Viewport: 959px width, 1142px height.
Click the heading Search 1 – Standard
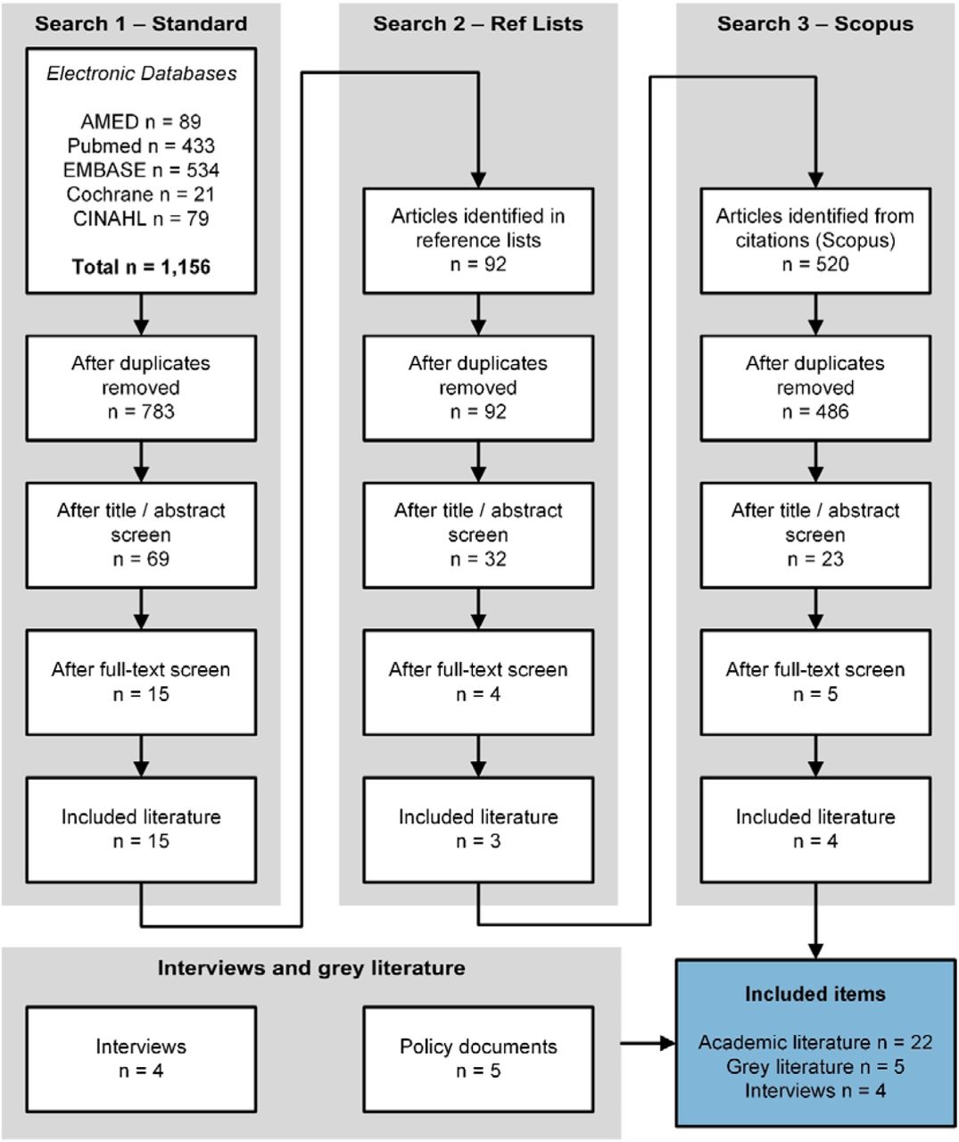pyautogui.click(x=141, y=24)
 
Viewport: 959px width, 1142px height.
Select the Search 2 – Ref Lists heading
pyautogui.click(x=478, y=24)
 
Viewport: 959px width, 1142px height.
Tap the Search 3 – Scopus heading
pyautogui.click(x=815, y=25)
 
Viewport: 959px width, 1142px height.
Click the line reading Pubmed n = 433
pyautogui.click(x=141, y=146)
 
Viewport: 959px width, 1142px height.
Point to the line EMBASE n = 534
pyautogui.click(x=141, y=170)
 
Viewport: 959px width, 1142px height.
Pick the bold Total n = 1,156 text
pyautogui.click(x=141, y=267)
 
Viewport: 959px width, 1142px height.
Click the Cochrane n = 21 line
pyautogui.click(x=141, y=194)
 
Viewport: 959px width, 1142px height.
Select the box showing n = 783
pyautogui.click(x=141, y=388)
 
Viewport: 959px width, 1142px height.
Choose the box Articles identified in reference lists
pyautogui.click(x=478, y=241)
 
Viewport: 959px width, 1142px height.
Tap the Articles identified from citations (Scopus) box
pyautogui.click(x=815, y=241)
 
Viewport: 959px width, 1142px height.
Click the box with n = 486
pyautogui.click(x=815, y=388)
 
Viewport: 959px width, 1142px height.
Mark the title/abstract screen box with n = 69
pyautogui.click(x=141, y=535)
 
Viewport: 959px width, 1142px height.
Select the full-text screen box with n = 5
pyautogui.click(x=815, y=682)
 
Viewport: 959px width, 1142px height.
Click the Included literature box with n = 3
pyautogui.click(x=478, y=830)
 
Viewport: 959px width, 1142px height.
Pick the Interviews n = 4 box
pyautogui.click(x=141, y=1059)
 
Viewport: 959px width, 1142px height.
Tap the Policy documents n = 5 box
pyautogui.click(x=478, y=1059)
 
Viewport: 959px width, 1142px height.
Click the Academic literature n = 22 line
pyautogui.click(x=815, y=1042)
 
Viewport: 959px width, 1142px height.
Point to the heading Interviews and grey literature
pyautogui.click(x=311, y=968)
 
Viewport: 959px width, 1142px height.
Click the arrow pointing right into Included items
pyautogui.click(x=648, y=1043)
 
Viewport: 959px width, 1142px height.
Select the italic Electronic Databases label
pyautogui.click(x=141, y=73)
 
